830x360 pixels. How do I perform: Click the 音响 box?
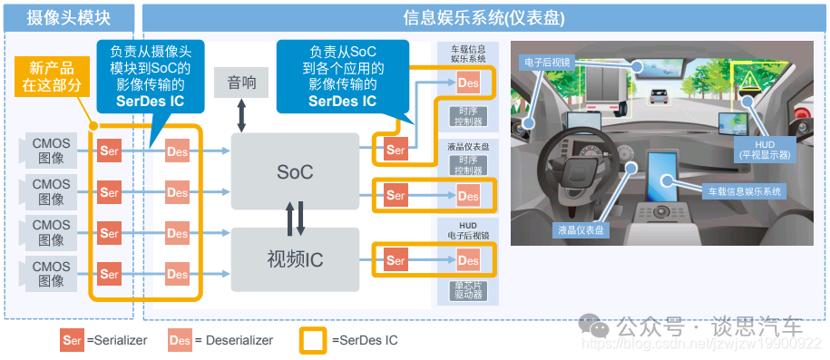[242, 83]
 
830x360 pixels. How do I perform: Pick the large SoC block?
[295, 170]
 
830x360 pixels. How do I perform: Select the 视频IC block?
[295, 259]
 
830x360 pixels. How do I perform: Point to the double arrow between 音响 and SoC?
[242, 116]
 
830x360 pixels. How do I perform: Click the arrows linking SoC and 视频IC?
[296, 217]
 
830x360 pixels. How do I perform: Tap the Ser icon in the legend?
[71, 340]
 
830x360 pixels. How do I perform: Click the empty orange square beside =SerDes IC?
[313, 340]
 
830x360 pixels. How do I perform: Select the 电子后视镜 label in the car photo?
[546, 63]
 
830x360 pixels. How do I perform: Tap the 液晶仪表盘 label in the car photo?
[581, 230]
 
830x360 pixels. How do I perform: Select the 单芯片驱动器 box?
[468, 290]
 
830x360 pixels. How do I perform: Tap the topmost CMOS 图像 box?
[51, 151]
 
